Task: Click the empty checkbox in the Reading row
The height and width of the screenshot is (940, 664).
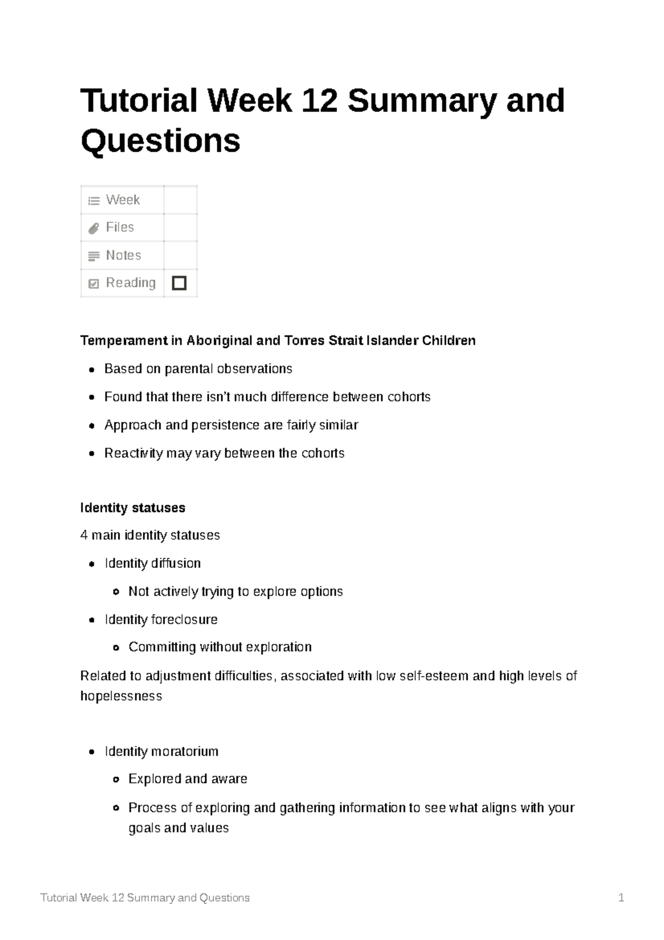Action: pos(179,283)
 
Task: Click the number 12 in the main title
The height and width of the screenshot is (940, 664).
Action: pos(319,101)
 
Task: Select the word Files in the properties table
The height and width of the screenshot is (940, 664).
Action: pos(120,228)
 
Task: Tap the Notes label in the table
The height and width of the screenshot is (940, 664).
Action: pos(123,255)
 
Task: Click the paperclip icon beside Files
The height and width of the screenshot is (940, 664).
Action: pos(94,228)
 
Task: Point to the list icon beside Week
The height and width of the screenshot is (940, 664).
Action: pos(94,200)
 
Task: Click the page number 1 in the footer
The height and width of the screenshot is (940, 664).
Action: pos(621,898)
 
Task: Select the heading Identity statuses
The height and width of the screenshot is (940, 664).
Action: pos(133,508)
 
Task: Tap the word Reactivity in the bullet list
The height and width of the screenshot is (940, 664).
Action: pos(133,453)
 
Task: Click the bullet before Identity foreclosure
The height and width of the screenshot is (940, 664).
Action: pos(92,620)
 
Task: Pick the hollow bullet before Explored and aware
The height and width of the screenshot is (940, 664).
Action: pos(116,779)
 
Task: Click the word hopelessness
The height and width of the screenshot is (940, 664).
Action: pos(121,696)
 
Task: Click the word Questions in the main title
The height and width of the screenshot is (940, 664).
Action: pos(160,141)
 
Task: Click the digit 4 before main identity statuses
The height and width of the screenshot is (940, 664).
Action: pos(84,535)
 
